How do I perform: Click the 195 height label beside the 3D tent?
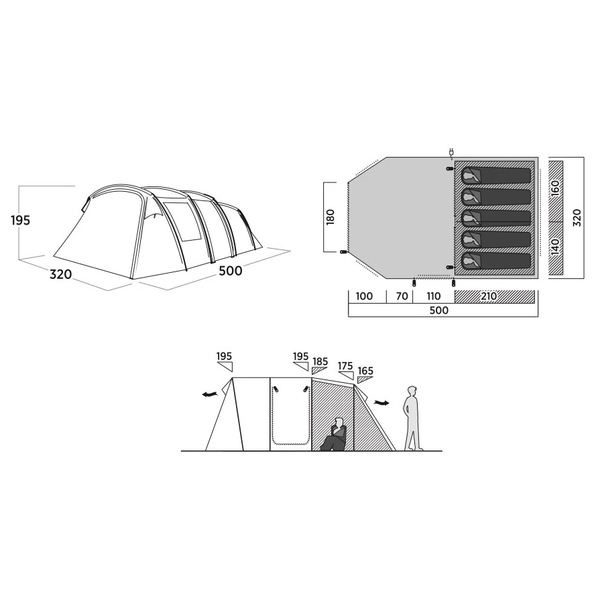pos(20,221)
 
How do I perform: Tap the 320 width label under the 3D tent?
pos(60,274)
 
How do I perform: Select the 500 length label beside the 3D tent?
pos(231,271)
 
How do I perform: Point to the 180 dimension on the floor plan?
pos(331,217)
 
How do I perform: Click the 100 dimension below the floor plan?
pos(364,296)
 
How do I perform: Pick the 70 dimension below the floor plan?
pos(402,296)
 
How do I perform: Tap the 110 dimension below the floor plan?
pos(434,296)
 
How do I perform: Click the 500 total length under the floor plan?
pos(439,310)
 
